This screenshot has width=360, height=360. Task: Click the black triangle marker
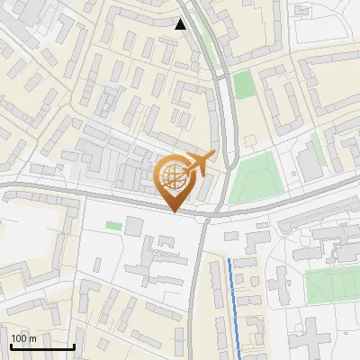tap(181, 24)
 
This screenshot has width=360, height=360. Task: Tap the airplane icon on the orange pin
tap(199, 163)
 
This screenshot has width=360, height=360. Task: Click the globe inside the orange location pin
tap(173, 176)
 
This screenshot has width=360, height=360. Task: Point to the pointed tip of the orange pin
tap(174, 211)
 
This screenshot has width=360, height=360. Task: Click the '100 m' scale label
tap(24, 338)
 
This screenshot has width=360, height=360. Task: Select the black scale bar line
tap(42, 346)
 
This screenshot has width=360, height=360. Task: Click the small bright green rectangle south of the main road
tap(112, 225)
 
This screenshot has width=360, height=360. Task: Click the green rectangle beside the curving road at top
tap(243, 85)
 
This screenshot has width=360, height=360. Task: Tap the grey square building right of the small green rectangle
tap(145, 229)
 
